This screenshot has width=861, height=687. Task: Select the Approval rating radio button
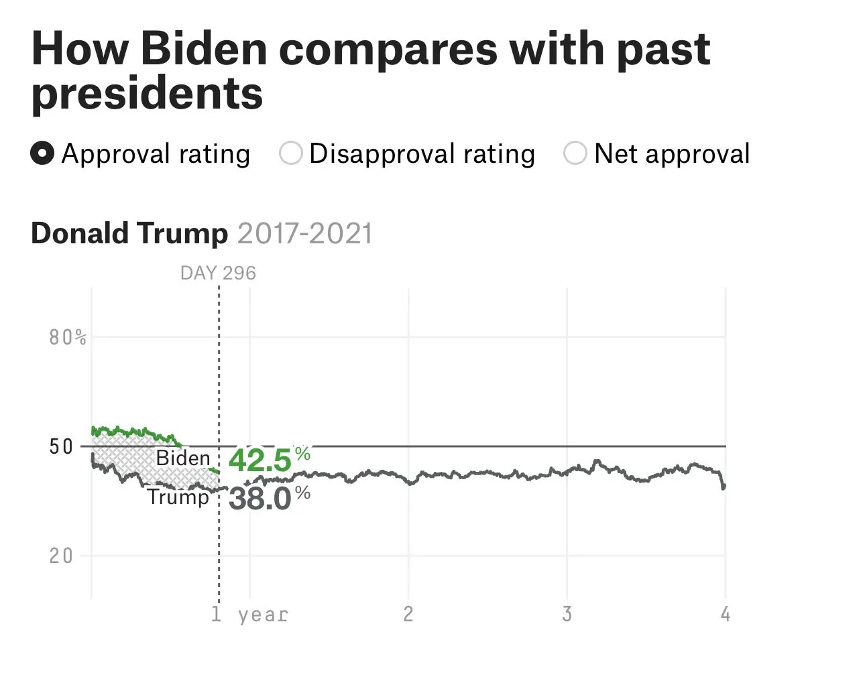[x=42, y=153]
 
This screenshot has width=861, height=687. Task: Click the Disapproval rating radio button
[x=291, y=153]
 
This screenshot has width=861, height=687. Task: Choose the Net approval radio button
[x=575, y=153]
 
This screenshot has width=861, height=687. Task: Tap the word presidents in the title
[x=147, y=93]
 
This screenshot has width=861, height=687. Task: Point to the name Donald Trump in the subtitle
[x=129, y=233]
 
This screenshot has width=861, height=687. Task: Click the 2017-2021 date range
[x=304, y=233]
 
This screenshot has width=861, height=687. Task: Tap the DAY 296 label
[x=218, y=273]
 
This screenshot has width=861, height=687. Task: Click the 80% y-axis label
[x=68, y=337]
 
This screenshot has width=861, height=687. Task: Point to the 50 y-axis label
[x=61, y=446]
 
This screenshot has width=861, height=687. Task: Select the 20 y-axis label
[x=61, y=556]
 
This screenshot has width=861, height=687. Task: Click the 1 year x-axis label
[x=249, y=615]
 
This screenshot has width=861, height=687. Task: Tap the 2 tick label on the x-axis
[x=408, y=614]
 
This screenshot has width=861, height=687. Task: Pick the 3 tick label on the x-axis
[x=567, y=614]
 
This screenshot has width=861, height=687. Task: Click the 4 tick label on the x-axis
[x=725, y=614]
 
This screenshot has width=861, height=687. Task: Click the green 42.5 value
[x=260, y=460]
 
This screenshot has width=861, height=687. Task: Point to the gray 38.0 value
[x=260, y=499]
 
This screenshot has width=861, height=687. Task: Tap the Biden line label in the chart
[x=183, y=458]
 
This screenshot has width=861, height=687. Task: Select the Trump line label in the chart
[x=178, y=497]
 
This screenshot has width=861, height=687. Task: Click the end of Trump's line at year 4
[x=724, y=487]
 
